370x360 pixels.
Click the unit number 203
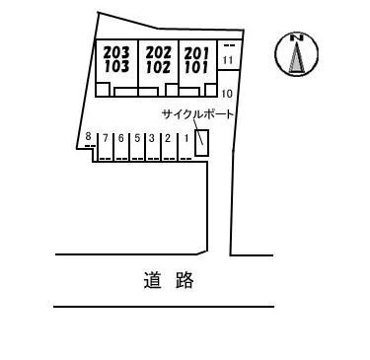point(116,52)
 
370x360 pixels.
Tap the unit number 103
point(116,66)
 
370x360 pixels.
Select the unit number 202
point(159,52)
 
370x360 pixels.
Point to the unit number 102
point(159,67)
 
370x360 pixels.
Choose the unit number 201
point(196,53)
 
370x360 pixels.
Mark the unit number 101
point(196,67)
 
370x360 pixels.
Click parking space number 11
point(228,60)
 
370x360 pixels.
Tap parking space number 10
point(227,94)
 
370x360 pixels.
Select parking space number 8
point(88,136)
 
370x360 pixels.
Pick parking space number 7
point(106,138)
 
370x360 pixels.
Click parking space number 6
point(121,138)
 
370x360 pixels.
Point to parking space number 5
point(137,138)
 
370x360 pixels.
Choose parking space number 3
point(152,138)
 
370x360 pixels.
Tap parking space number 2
point(168,138)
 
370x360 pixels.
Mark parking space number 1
point(186,138)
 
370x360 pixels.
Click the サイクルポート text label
point(197,114)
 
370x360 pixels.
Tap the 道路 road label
point(169,280)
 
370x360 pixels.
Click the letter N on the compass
point(297,37)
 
